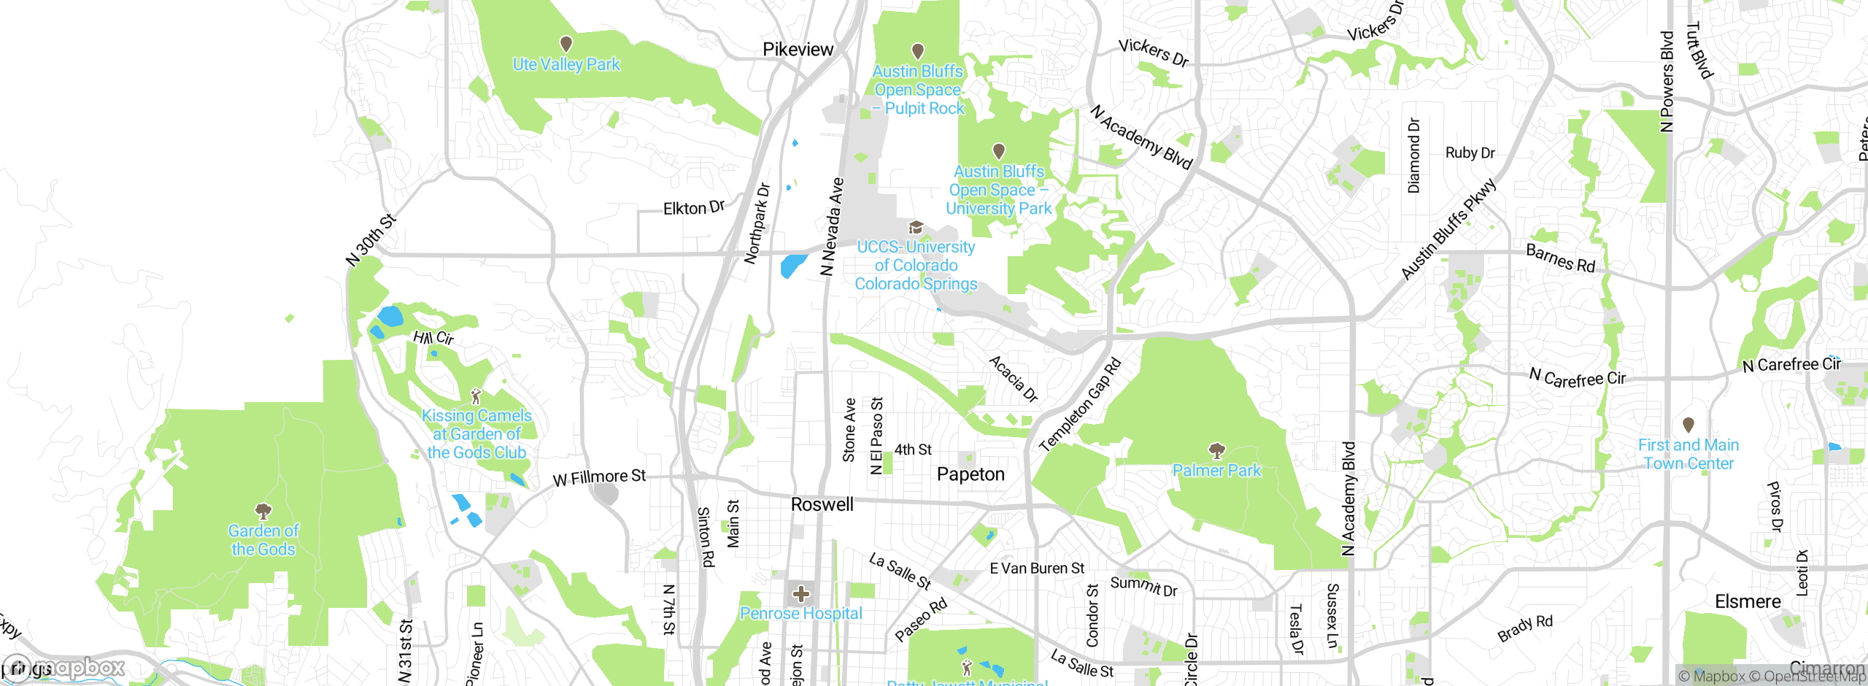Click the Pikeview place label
pyautogui.click(x=798, y=50)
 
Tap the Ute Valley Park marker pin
pyautogui.click(x=566, y=45)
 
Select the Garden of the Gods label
pyautogui.click(x=263, y=540)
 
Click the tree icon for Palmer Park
pyautogui.click(x=1216, y=450)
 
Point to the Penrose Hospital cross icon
pyautogui.click(x=801, y=593)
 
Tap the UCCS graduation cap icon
pyautogui.click(x=916, y=228)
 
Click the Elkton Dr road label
pyautogui.click(x=693, y=208)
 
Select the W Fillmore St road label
pyautogui.click(x=599, y=478)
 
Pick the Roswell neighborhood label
pyautogui.click(x=822, y=504)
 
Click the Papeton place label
pyautogui.click(x=970, y=474)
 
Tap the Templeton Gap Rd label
pyautogui.click(x=1079, y=405)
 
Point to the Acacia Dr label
pyautogui.click(x=1014, y=379)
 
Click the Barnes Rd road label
pyautogui.click(x=1561, y=259)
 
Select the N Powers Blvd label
pyautogui.click(x=1667, y=82)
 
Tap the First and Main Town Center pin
pyautogui.click(x=1688, y=424)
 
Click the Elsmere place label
pyautogui.click(x=1748, y=602)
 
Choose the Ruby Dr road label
pyautogui.click(x=1470, y=153)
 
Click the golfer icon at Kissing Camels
pyautogui.click(x=476, y=396)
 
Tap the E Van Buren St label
pyautogui.click(x=1037, y=568)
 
